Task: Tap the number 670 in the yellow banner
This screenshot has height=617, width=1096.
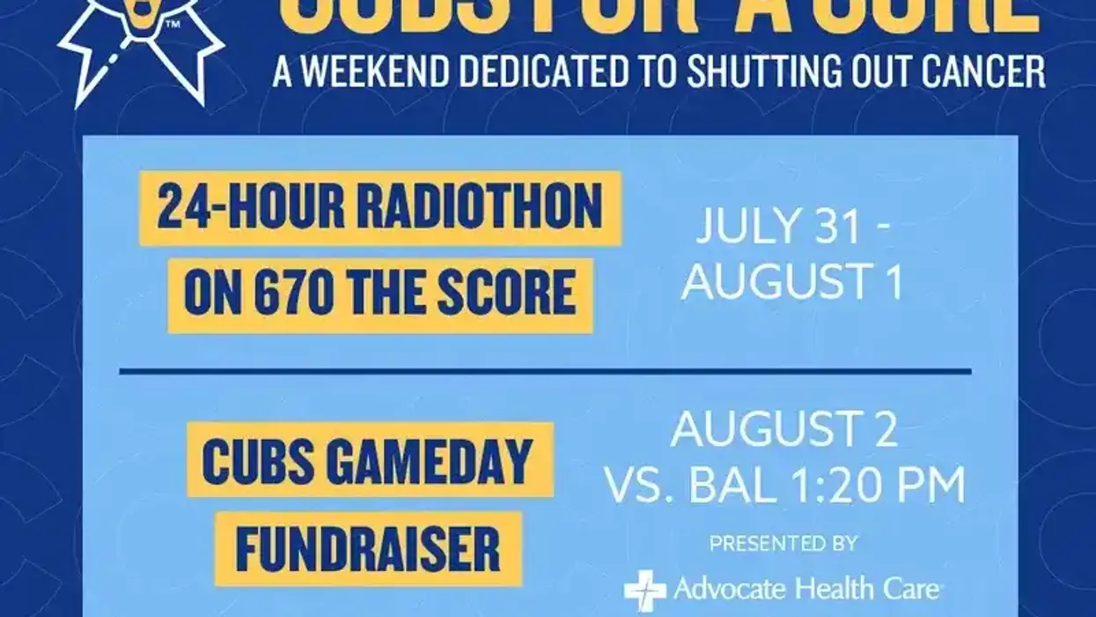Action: tap(289, 294)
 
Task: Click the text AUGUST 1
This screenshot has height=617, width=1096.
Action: tap(792, 284)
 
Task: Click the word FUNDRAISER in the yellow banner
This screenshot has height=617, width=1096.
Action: tap(368, 549)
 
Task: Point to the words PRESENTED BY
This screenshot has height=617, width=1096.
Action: tap(783, 544)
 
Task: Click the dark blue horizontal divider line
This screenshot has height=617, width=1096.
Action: tap(546, 371)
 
